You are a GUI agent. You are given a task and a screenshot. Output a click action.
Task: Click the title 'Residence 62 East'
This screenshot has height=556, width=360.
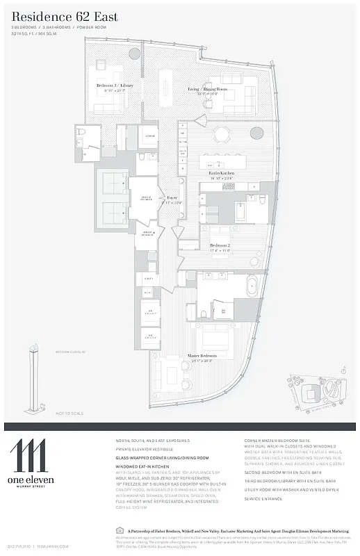click(x=65, y=16)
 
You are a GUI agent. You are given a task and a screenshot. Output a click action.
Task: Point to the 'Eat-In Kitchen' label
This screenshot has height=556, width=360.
click(x=219, y=172)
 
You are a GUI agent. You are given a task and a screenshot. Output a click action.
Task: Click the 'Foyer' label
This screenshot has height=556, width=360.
click(x=172, y=197)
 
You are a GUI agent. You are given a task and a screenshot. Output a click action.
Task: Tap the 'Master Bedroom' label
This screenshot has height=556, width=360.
click(x=202, y=355)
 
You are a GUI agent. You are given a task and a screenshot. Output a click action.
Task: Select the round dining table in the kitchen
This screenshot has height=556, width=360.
click(x=222, y=134)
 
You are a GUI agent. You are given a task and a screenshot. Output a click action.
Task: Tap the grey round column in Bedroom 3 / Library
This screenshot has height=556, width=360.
click(x=134, y=54)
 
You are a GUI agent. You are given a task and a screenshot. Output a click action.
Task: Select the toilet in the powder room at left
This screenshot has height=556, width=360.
click(x=81, y=132)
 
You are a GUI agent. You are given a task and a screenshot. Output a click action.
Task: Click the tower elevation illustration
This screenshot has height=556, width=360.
click(x=31, y=379)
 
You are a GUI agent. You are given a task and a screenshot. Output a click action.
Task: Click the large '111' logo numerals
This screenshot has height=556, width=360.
click(x=28, y=455)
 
